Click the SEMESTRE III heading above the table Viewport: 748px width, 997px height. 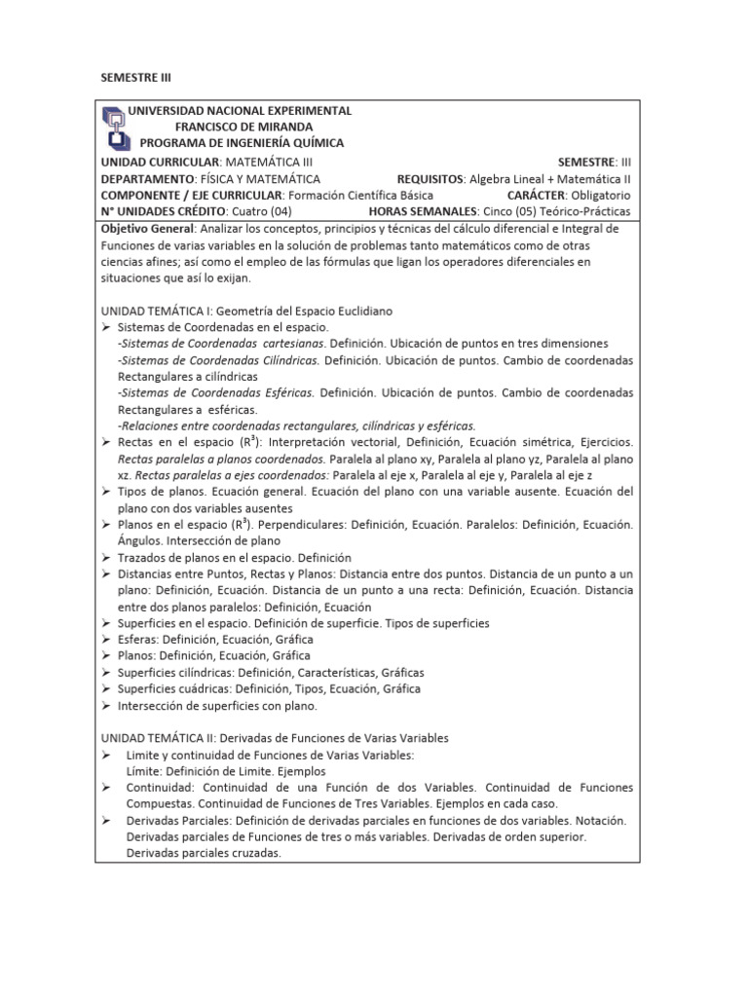pos(136,76)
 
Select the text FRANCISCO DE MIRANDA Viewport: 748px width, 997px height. pos(243,128)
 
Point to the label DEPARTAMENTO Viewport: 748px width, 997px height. pos(147,179)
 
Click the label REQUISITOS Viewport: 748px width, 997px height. pos(430,179)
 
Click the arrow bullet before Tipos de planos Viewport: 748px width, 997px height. pos(107,492)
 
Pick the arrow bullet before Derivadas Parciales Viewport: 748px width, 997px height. pos(107,821)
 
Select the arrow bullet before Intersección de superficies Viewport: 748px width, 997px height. pos(107,706)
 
